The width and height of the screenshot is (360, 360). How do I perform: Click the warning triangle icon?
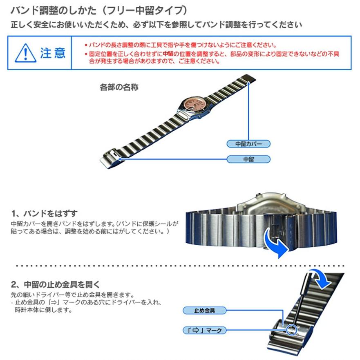26,53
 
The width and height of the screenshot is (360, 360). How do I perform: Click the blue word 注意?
53,53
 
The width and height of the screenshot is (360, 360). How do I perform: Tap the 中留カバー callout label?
248,144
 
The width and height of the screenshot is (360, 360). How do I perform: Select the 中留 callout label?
248,159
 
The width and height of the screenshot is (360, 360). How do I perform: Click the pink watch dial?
192,103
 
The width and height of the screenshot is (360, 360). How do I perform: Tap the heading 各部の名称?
119,87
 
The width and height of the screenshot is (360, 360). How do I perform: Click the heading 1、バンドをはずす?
44,214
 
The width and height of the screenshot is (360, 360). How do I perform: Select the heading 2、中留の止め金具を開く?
56,284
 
